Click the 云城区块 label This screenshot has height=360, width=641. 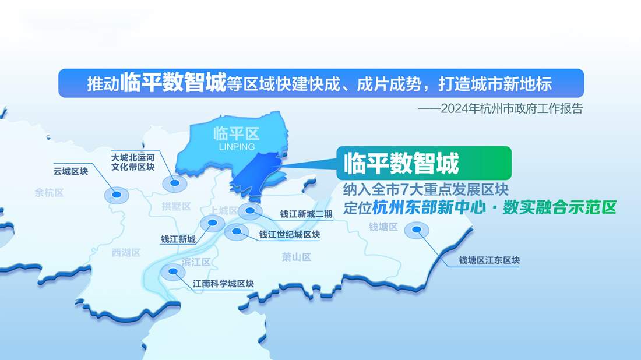pyautogui.click(x=71, y=171)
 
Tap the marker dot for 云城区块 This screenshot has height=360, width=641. pyautogui.click(x=117, y=195)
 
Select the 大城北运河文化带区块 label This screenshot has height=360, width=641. pyautogui.click(x=133, y=162)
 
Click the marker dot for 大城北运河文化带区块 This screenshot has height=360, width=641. pyautogui.click(x=175, y=183)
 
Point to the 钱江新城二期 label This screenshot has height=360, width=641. pyautogui.click(x=306, y=214)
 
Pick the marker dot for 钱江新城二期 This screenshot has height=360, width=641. pyautogui.click(x=250, y=210)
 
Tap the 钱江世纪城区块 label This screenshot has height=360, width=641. pyautogui.click(x=290, y=235)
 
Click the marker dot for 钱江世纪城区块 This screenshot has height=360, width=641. pyautogui.click(x=236, y=231)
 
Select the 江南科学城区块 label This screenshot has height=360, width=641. pyautogui.click(x=223, y=284)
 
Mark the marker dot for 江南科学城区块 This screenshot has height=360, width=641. pyautogui.click(x=173, y=271)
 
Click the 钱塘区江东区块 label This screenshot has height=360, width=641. pyautogui.click(x=489, y=260)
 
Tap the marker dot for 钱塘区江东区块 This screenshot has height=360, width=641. pyautogui.click(x=417, y=230)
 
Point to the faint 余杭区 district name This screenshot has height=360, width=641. pyautogui.click(x=49, y=193)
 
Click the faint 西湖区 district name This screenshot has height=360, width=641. pyautogui.click(x=126, y=253)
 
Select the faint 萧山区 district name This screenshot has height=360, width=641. pyautogui.click(x=297, y=257)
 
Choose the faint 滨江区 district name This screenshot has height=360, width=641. pyautogui.click(x=196, y=262)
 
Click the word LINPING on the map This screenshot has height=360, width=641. pyautogui.click(x=237, y=147)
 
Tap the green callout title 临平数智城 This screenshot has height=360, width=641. pyautogui.click(x=401, y=164)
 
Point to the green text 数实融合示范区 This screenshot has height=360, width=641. pyautogui.click(x=559, y=207)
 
